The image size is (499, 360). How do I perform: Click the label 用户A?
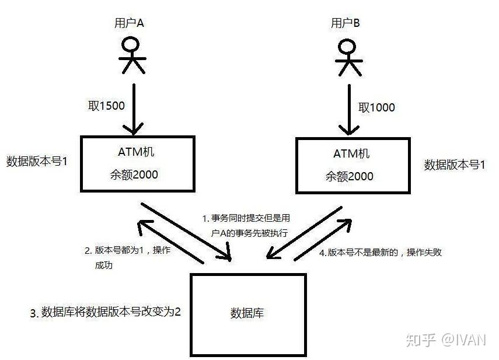click(128, 24)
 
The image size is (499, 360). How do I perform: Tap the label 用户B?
click(346, 23)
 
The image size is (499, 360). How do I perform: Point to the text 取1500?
click(103, 106)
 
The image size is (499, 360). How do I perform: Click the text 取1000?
click(376, 107)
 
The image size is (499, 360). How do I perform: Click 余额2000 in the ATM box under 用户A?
click(136, 174)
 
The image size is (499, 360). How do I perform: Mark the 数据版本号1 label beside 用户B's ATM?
click(455, 165)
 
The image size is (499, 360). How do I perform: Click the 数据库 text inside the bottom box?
click(247, 313)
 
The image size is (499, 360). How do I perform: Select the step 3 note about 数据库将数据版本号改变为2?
click(106, 312)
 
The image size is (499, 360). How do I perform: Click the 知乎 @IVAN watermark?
click(447, 340)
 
